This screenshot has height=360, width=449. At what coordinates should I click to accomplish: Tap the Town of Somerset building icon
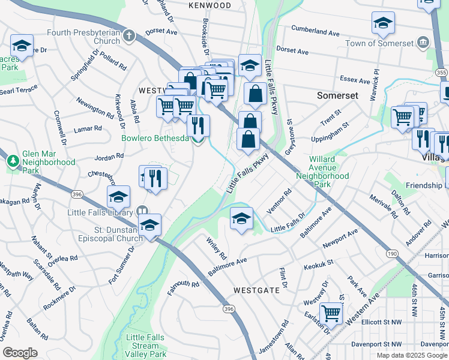424,43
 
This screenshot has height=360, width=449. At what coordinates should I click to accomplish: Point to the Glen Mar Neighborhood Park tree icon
13,161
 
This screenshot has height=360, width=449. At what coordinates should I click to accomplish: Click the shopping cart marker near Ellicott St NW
331,312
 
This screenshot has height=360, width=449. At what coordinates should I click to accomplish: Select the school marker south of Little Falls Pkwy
241,218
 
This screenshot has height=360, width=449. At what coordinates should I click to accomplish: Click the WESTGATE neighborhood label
256,290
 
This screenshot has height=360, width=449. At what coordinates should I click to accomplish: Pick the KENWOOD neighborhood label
209,5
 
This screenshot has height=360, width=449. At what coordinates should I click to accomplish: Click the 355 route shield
442,72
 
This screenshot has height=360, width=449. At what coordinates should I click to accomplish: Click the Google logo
20,353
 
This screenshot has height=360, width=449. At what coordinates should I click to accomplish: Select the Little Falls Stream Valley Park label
146,346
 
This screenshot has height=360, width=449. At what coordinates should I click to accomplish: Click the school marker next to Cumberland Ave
383,23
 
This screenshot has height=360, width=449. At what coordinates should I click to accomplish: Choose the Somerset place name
337,95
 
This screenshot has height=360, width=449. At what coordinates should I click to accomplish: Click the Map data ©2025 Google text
412,355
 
